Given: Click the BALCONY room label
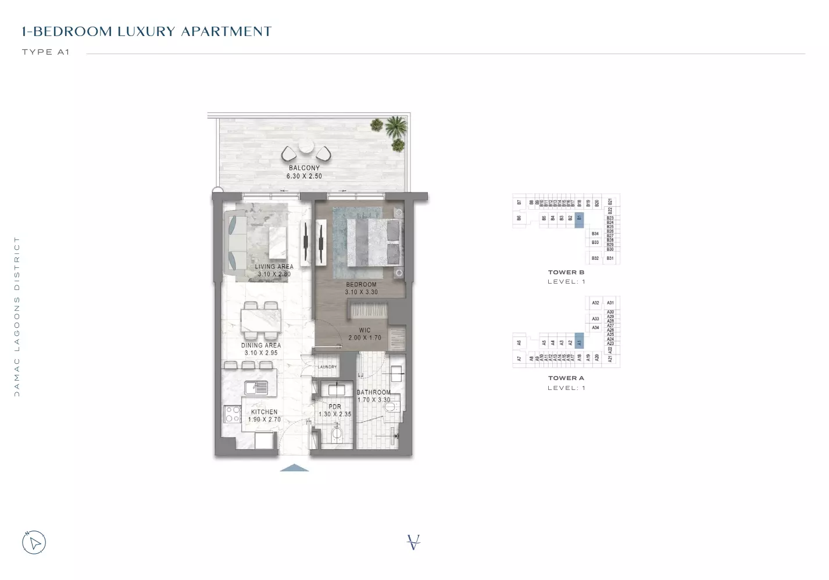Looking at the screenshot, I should [x=304, y=168].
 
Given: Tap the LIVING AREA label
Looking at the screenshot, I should [x=274, y=267].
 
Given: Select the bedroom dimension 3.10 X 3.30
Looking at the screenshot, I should [x=361, y=292].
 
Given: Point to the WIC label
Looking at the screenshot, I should [x=365, y=330].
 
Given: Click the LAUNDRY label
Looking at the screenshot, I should [x=327, y=367].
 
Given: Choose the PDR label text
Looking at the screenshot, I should [x=335, y=407].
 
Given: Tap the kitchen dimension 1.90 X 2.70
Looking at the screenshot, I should [x=265, y=420].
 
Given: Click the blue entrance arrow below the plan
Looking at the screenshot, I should [x=294, y=468].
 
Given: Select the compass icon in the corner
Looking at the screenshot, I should [x=34, y=543].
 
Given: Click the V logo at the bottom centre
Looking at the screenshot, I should [x=413, y=542].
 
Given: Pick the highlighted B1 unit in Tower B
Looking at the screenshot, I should [x=579, y=219].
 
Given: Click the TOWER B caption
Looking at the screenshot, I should [x=566, y=272].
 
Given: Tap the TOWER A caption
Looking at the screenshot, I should [x=566, y=378].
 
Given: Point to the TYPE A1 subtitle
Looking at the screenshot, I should [x=46, y=52].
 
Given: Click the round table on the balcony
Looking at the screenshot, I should [x=306, y=146].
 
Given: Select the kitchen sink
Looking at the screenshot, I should [x=256, y=387].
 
